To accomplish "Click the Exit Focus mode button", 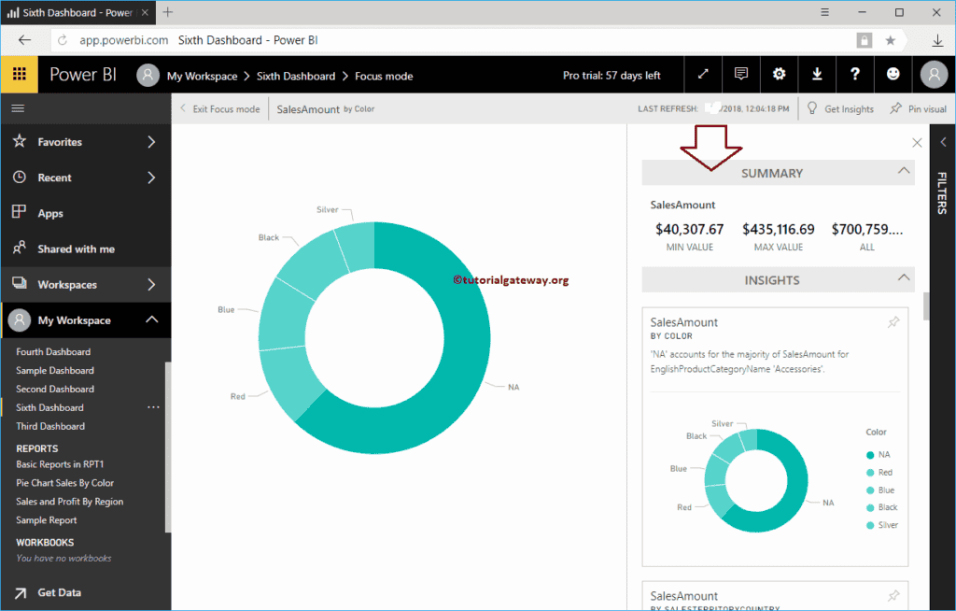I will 220,109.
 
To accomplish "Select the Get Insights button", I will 840,109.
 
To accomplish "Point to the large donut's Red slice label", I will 238,396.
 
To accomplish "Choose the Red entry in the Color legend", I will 885,473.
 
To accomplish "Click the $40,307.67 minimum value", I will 689,229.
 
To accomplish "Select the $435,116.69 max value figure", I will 778,229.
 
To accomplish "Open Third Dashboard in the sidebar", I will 50,426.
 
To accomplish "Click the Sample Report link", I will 47,520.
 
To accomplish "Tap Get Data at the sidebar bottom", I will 59,592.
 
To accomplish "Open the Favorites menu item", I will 60,142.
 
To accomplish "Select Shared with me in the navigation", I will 76,249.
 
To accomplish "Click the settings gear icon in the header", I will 780,75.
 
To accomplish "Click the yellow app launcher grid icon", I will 19,75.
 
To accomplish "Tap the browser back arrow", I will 25,40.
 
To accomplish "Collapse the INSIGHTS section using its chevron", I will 903,277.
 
